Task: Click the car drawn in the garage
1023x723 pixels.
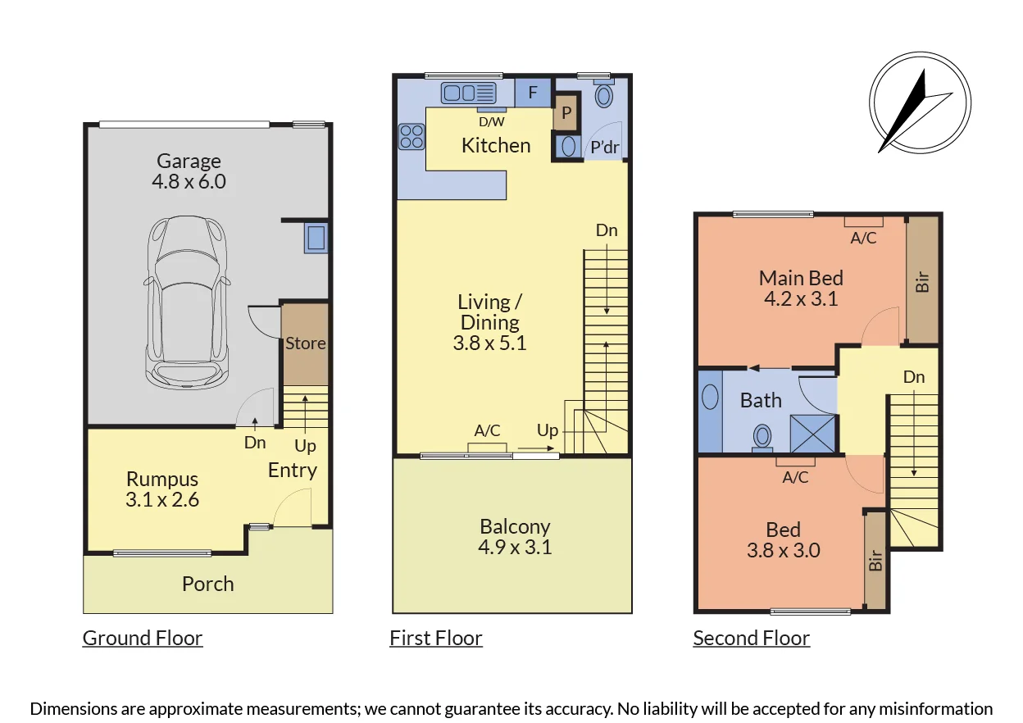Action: point(187,302)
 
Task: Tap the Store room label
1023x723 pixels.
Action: point(306,343)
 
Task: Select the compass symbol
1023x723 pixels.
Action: point(920,102)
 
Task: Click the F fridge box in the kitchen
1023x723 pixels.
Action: point(533,93)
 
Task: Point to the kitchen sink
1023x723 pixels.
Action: point(469,93)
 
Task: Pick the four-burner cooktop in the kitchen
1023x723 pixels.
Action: point(411,137)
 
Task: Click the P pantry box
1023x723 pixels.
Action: point(566,112)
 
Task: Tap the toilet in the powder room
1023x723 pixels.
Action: point(604,94)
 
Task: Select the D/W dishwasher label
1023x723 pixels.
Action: point(492,121)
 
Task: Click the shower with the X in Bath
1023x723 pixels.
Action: point(812,434)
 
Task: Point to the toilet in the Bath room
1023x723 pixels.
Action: point(762,438)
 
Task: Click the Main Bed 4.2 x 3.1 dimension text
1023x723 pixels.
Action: point(801,298)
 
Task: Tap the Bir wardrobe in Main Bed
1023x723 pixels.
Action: point(922,280)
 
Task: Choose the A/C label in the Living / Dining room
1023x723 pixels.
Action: point(487,430)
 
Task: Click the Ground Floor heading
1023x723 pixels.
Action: point(143,638)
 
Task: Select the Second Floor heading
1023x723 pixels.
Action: point(751,638)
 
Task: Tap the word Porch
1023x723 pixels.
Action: point(208,584)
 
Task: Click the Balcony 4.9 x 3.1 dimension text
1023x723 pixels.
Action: point(515,547)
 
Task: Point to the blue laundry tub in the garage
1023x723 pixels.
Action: point(316,238)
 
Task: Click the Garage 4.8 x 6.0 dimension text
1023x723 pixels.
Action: point(189,181)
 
